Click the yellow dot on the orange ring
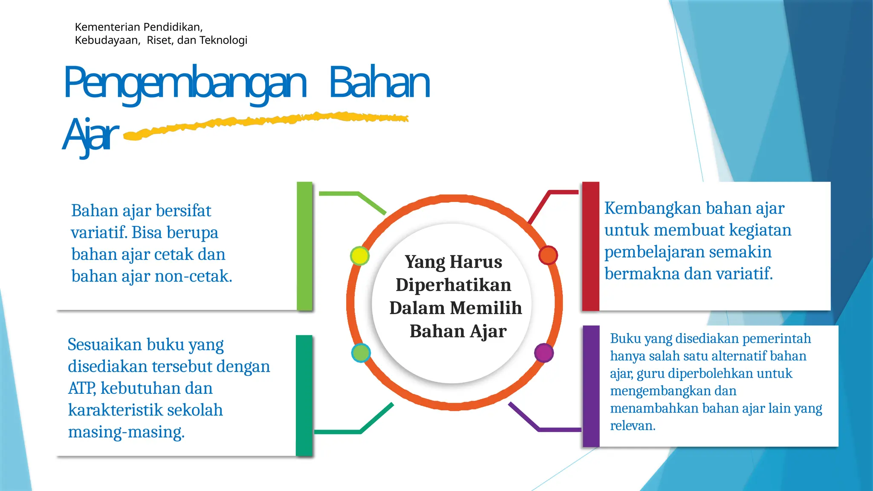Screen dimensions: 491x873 tap(359, 256)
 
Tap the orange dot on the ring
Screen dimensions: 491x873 tap(548, 255)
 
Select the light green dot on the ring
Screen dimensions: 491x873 tap(361, 353)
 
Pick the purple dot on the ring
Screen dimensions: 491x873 tap(543, 353)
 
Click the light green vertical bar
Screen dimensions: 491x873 tap(304, 246)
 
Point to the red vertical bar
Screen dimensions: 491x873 tap(591, 246)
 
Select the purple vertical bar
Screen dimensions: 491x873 tap(591, 386)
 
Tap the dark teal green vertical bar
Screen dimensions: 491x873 tap(304, 395)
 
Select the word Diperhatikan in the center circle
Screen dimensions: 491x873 tap(453, 285)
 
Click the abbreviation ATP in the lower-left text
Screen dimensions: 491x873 tap(82, 388)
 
